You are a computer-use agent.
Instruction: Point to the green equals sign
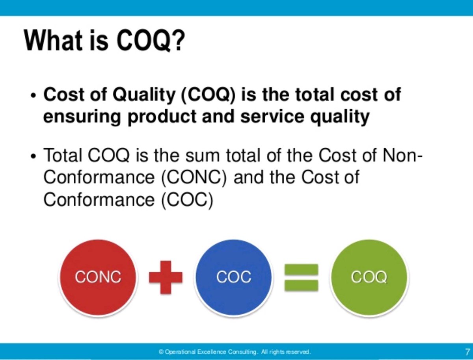[x=301, y=277]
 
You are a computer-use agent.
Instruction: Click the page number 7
[x=467, y=351]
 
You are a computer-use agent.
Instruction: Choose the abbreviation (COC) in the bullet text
[x=187, y=200]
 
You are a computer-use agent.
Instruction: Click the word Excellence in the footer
[x=210, y=351]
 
